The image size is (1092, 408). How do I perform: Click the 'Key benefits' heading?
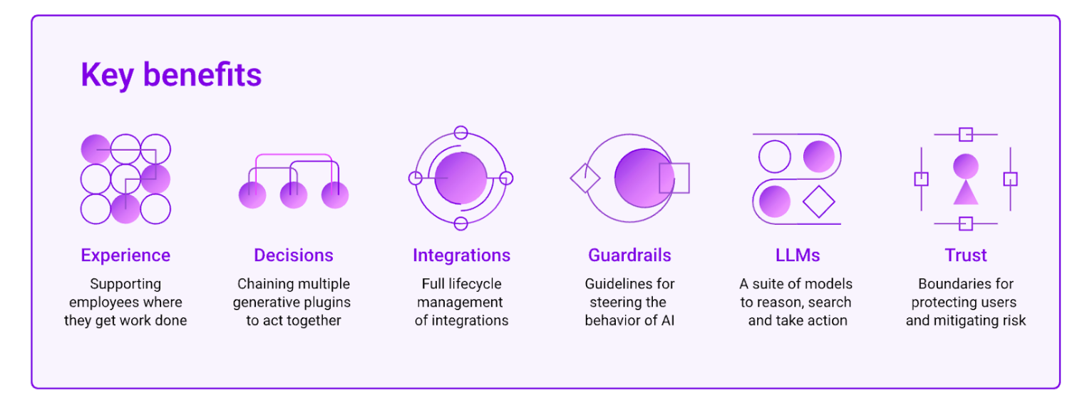pyautogui.click(x=171, y=75)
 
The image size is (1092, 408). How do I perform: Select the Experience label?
pyautogui.click(x=125, y=255)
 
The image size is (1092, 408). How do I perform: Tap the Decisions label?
pyautogui.click(x=294, y=255)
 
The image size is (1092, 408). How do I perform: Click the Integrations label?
pyautogui.click(x=461, y=255)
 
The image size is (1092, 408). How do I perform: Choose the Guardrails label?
pyautogui.click(x=629, y=255)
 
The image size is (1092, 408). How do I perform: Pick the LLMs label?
pyautogui.click(x=798, y=255)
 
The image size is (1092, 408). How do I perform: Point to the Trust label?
pyautogui.click(x=966, y=255)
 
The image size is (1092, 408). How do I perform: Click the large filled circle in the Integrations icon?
pyautogui.click(x=460, y=178)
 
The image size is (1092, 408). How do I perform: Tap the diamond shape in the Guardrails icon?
pyautogui.click(x=585, y=178)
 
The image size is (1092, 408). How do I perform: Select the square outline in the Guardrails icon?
pyautogui.click(x=674, y=178)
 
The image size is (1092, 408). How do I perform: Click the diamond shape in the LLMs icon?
pyautogui.click(x=818, y=202)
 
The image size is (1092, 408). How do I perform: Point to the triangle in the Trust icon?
pyautogui.click(x=966, y=193)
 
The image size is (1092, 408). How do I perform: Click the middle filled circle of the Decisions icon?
pyautogui.click(x=294, y=195)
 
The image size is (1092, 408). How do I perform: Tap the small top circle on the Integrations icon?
pyautogui.click(x=460, y=133)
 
